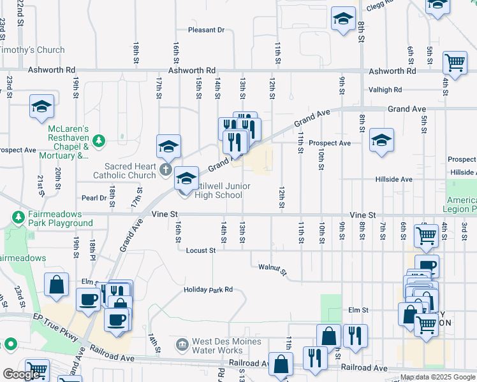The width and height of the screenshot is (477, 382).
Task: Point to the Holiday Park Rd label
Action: pos(209,290)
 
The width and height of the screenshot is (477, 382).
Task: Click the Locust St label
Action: pos(201,251)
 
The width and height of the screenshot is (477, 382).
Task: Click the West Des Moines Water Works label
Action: pos(227,346)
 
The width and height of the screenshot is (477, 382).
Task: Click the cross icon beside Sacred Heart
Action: pos(165,169)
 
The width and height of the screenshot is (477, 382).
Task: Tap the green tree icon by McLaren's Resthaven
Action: pos(98,140)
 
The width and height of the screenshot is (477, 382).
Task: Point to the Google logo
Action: pos(21,374)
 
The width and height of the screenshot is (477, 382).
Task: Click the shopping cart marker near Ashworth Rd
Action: pos(455,62)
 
